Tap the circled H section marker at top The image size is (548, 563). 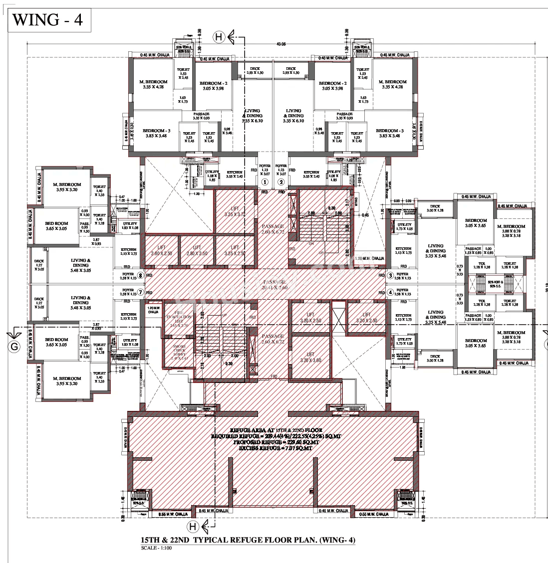(219, 36)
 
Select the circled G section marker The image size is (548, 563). (14, 346)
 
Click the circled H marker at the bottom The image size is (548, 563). (192, 527)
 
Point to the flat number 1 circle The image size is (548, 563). (266, 182)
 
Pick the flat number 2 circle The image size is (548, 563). (280, 182)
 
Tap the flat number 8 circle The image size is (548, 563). (141, 275)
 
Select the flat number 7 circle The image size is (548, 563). (141, 292)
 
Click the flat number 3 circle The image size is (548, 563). (390, 275)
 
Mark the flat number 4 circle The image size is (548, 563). (390, 292)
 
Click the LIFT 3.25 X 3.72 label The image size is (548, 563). (235, 211)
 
